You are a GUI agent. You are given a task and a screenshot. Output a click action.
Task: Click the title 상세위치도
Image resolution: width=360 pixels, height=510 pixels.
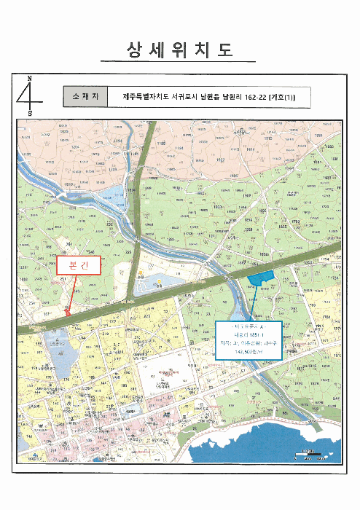(179, 50)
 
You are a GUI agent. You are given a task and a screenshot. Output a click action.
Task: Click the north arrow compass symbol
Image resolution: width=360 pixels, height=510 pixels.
(30, 95)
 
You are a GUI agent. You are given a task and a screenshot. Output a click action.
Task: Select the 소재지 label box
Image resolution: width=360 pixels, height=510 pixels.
(85, 96)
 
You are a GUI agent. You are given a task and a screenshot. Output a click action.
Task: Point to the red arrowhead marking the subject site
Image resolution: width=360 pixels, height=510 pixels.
(68, 311)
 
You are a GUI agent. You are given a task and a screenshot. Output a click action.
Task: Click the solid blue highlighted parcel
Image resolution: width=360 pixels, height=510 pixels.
(281, 278)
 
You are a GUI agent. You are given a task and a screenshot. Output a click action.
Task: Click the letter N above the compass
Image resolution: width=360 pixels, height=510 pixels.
(30, 77)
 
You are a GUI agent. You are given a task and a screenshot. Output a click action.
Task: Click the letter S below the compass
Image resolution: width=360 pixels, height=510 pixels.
(30, 114)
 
